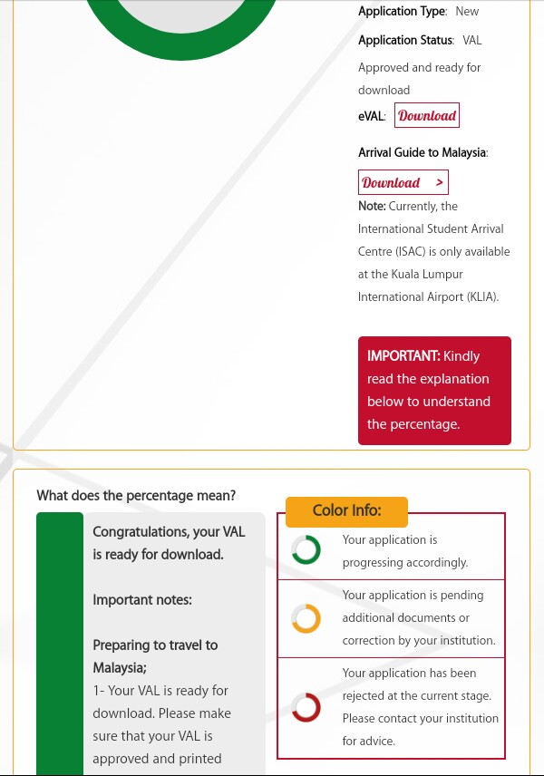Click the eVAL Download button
[426, 115]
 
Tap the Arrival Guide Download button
[403, 182]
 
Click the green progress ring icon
[306, 549]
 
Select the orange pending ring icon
[306, 618]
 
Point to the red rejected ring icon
[306, 706]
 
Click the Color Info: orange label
[346, 510]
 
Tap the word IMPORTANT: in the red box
[403, 356]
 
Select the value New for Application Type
[467, 12]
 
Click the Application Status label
[405, 41]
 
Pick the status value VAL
[472, 41]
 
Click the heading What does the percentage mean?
[136, 496]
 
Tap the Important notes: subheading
[142, 600]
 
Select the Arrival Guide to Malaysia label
[423, 153]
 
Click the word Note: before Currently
[372, 207]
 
